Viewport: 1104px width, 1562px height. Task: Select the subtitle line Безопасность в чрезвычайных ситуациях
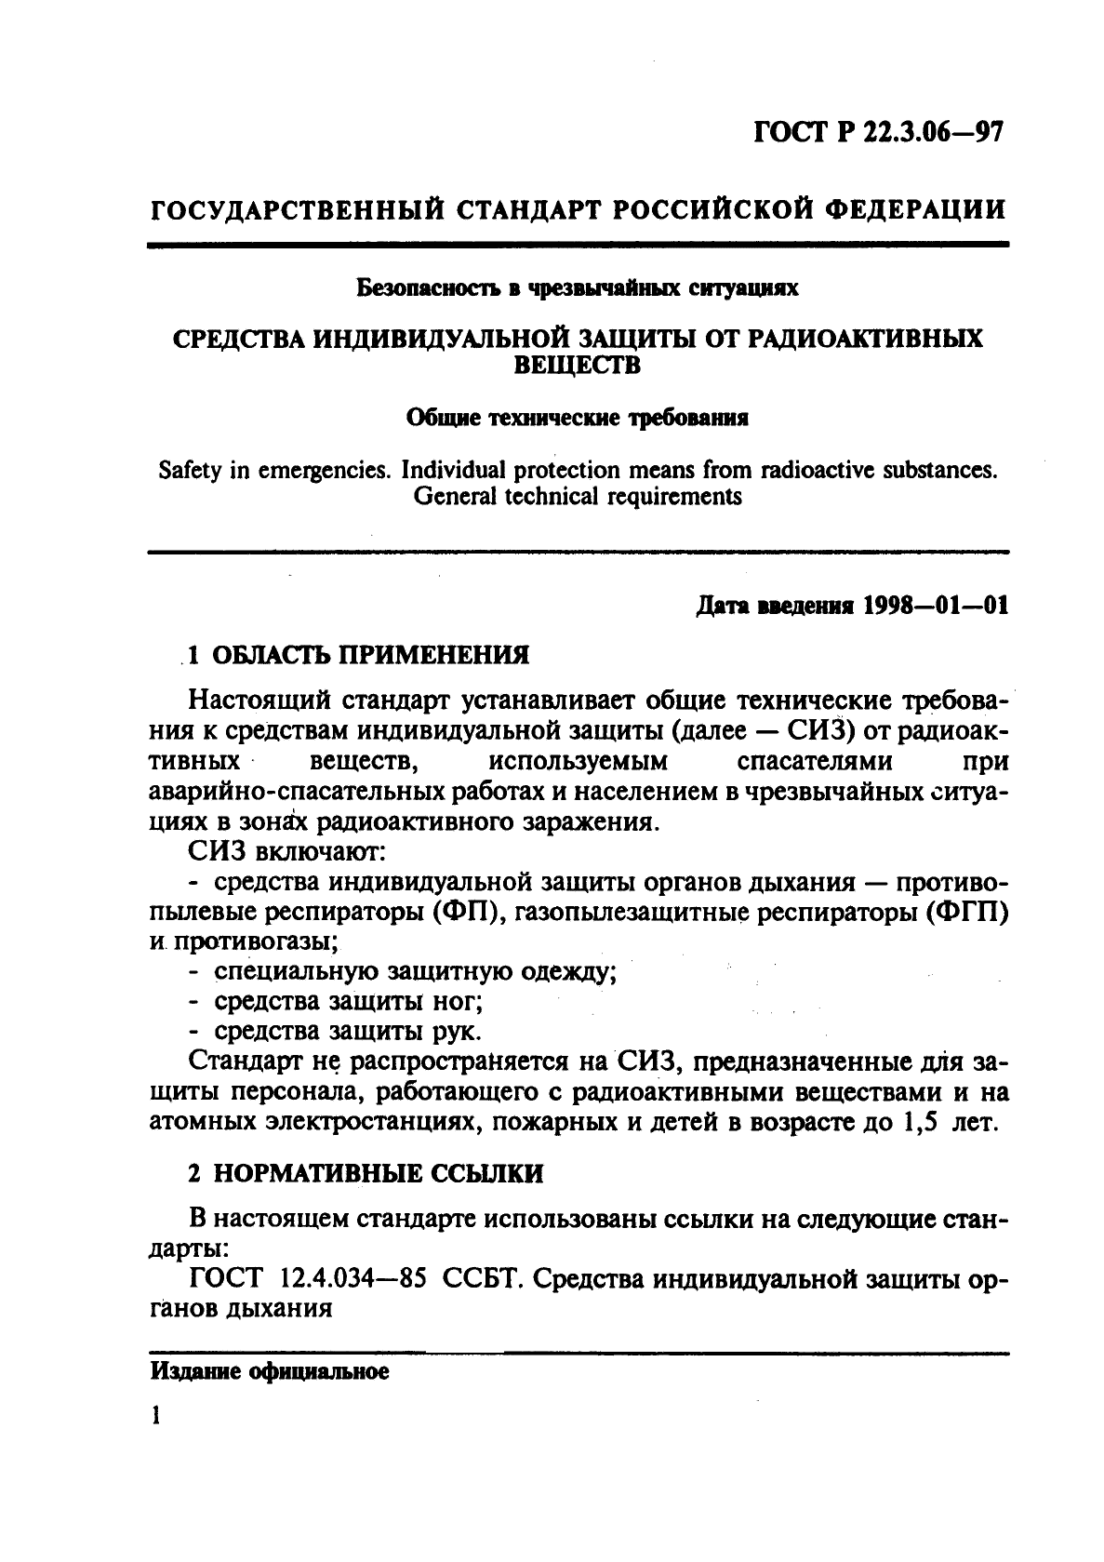579,288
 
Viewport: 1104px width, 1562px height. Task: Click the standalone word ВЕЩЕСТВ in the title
578,366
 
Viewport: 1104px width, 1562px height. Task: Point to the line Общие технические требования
579,418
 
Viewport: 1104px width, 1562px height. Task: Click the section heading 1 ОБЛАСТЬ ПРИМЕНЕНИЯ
358,655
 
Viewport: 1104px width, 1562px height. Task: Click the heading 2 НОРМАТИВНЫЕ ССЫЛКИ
365,1174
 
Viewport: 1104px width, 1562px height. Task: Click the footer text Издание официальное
269,1372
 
